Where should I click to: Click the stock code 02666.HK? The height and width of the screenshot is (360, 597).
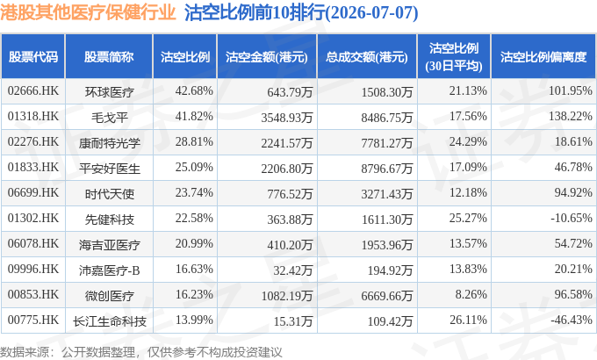click(x=33, y=91)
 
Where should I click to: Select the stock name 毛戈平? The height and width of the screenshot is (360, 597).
click(x=109, y=118)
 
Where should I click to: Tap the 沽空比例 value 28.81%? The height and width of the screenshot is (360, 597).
click(x=194, y=141)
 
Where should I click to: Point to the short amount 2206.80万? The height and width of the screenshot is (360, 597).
click(x=287, y=169)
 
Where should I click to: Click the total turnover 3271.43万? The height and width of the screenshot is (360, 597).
click(x=387, y=194)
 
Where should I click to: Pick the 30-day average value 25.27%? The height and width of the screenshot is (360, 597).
click(x=468, y=219)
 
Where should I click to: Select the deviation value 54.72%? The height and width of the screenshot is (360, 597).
click(x=573, y=243)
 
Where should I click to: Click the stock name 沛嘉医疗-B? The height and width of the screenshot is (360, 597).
click(x=109, y=270)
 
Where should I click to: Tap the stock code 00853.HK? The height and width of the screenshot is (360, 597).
click(x=33, y=294)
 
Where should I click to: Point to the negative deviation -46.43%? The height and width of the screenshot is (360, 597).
click(x=572, y=320)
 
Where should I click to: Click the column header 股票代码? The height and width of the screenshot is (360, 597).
click(x=33, y=57)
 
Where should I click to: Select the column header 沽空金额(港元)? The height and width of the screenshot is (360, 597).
click(x=267, y=57)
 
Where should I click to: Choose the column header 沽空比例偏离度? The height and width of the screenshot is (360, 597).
click(x=543, y=57)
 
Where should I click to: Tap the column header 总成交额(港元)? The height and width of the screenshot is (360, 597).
click(x=367, y=57)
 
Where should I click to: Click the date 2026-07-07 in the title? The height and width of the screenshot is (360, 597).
click(x=371, y=12)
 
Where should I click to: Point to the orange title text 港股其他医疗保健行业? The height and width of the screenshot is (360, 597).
click(x=88, y=12)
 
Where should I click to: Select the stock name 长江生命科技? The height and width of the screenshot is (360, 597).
click(x=109, y=321)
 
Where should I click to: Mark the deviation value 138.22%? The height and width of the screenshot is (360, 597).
click(x=571, y=116)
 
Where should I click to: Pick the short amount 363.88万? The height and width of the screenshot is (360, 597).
click(x=290, y=220)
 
